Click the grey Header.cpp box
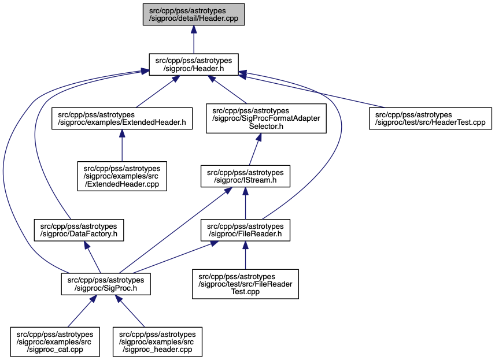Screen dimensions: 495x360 (x=194, y=14)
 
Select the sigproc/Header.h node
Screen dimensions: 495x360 (x=194, y=64)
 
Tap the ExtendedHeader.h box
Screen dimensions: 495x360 (x=122, y=118)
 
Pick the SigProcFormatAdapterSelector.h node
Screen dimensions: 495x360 (x=266, y=118)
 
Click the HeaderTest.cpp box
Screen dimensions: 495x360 (x=430, y=118)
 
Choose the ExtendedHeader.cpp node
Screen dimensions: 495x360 (x=122, y=176)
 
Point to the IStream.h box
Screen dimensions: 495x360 (x=245, y=176)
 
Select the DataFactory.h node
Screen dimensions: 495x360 (x=79, y=230)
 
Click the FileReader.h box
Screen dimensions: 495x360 (x=245, y=230)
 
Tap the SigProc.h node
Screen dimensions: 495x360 (x=106, y=284)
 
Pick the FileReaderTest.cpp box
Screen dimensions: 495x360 (x=245, y=284)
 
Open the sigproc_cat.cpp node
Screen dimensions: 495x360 (x=55, y=342)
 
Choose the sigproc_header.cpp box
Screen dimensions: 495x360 (x=157, y=342)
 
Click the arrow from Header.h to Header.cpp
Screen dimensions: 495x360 (x=194, y=39)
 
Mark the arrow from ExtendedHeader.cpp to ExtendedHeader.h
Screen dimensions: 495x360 (x=122, y=146)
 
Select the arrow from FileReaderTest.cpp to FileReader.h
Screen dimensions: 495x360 (x=245, y=255)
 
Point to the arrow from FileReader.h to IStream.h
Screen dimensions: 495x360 (x=245, y=203)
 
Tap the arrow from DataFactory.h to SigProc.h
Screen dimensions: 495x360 (x=92, y=257)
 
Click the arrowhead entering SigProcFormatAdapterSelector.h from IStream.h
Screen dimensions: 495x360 (x=258, y=138)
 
